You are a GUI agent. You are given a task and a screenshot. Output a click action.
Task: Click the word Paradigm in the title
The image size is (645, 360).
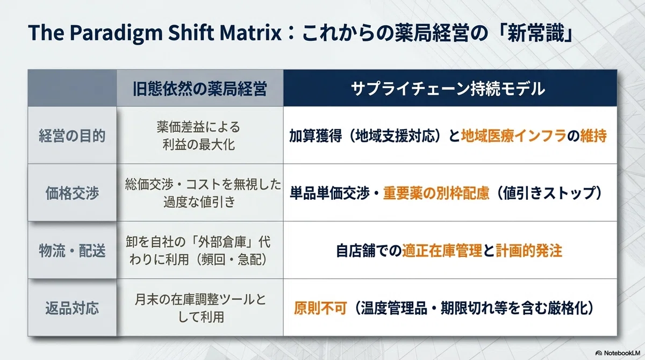(116, 33)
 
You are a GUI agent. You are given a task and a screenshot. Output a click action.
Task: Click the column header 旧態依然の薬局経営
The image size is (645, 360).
(200, 89)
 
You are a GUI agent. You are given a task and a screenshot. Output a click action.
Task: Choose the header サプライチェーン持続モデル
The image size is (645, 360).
(448, 89)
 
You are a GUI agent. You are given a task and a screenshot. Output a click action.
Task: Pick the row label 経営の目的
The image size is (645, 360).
(72, 135)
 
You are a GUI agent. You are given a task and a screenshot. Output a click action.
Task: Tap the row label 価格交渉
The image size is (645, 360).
(72, 193)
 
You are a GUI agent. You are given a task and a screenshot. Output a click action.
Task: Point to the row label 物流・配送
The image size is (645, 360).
(72, 250)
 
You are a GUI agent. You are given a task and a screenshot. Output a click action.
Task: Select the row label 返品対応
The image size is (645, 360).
(72, 308)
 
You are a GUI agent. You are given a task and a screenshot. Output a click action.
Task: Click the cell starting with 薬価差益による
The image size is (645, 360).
(199, 135)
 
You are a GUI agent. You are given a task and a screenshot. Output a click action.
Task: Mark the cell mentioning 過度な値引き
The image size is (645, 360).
(203, 193)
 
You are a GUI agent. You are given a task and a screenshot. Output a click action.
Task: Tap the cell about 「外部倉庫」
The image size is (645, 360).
(199, 250)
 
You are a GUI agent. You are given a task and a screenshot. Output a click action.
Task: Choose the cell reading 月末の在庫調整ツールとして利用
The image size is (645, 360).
(200, 308)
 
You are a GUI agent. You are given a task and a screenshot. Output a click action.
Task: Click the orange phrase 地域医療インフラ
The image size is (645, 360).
(514, 136)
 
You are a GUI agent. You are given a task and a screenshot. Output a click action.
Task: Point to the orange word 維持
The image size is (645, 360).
(593, 136)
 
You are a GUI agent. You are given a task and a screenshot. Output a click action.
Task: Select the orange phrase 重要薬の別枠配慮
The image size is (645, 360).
(436, 193)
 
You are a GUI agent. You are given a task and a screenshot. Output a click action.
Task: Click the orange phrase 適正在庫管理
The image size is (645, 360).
(442, 250)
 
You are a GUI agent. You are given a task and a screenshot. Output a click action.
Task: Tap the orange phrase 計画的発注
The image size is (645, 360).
(529, 250)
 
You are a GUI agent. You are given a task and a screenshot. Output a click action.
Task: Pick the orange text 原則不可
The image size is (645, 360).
(320, 308)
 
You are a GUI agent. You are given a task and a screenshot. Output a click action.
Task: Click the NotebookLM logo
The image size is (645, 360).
(618, 353)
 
